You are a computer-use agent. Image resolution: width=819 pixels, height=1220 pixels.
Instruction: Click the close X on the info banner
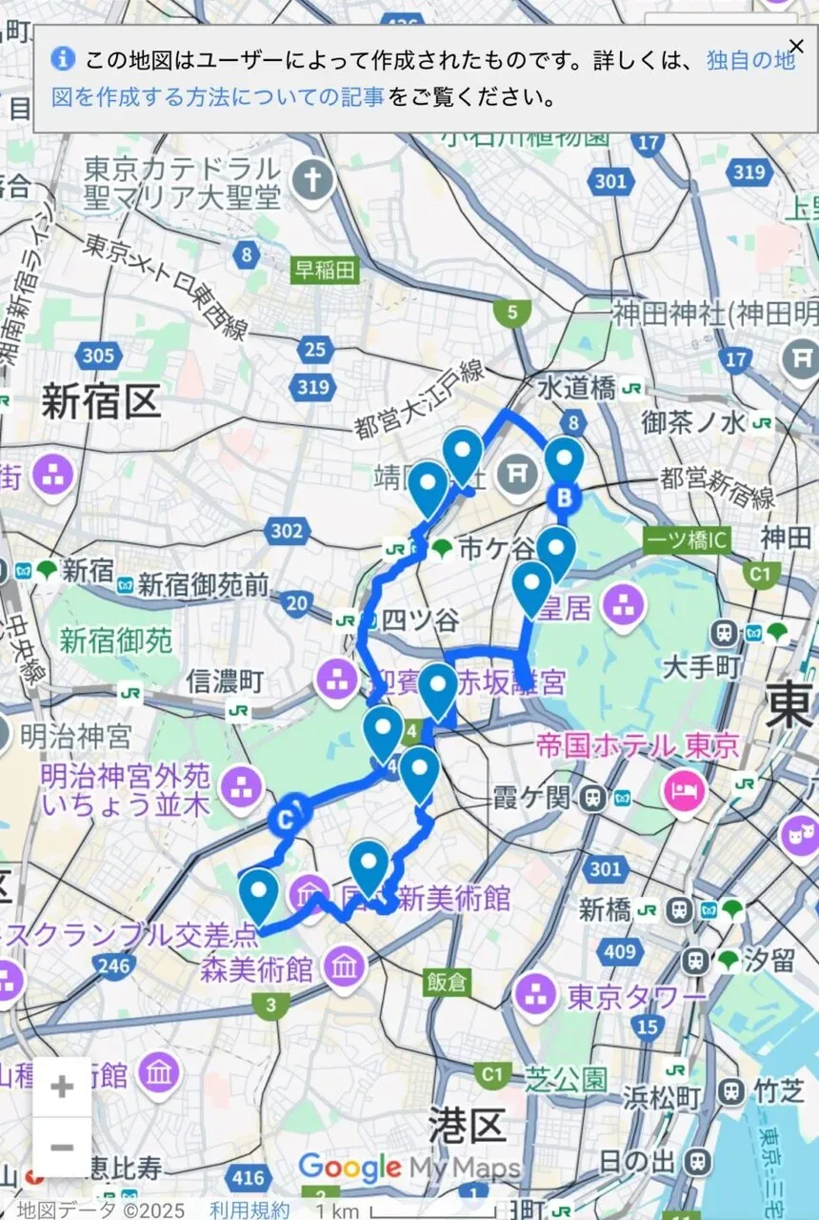pos(796,47)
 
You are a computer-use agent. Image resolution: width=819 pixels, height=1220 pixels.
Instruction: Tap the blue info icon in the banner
pos(63,58)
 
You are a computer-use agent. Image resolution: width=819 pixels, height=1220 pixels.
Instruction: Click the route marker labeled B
pos(564,497)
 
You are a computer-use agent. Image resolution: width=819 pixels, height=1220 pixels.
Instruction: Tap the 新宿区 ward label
pos(100,403)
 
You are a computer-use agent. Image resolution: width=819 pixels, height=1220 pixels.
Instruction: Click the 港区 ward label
pos(466,1126)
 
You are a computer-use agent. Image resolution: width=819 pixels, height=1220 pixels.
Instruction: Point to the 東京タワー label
pos(637,996)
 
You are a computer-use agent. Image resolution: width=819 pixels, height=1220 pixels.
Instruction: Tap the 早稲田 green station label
pos(324,271)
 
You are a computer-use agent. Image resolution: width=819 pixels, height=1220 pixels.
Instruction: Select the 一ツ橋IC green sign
pos(687,540)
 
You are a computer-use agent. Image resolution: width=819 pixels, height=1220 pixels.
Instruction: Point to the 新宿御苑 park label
pos(116,640)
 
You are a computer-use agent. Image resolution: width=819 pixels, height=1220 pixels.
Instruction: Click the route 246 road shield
pos(113,966)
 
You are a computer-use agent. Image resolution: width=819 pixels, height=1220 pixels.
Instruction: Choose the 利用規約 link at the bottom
pos(250,1210)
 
